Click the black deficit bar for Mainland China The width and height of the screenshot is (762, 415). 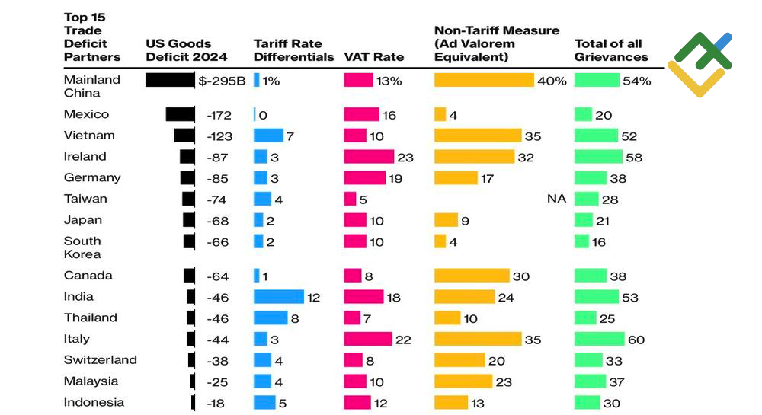click(170, 80)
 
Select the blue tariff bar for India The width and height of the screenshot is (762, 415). click(278, 296)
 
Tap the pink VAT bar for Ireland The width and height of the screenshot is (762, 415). click(369, 156)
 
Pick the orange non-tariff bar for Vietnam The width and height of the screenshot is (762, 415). click(477, 136)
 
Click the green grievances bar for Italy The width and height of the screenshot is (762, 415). click(598, 339)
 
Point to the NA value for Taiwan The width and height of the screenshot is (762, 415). click(556, 199)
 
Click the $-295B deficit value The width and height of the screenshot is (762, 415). click(222, 81)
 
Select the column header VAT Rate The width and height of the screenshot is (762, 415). click(373, 56)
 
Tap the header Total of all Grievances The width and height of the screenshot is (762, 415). click(611, 50)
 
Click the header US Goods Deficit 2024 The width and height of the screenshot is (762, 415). click(178, 50)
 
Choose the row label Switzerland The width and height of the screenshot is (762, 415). click(100, 360)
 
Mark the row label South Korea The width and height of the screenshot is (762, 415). click(82, 247)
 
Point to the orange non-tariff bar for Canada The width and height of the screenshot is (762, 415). click(472, 276)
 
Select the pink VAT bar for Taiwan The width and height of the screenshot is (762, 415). click(350, 199)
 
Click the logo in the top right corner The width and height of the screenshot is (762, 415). click(700, 65)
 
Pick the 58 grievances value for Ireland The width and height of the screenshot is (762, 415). click(634, 157)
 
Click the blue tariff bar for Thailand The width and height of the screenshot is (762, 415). click(271, 318)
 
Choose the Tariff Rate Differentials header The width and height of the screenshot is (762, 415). click(293, 50)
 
